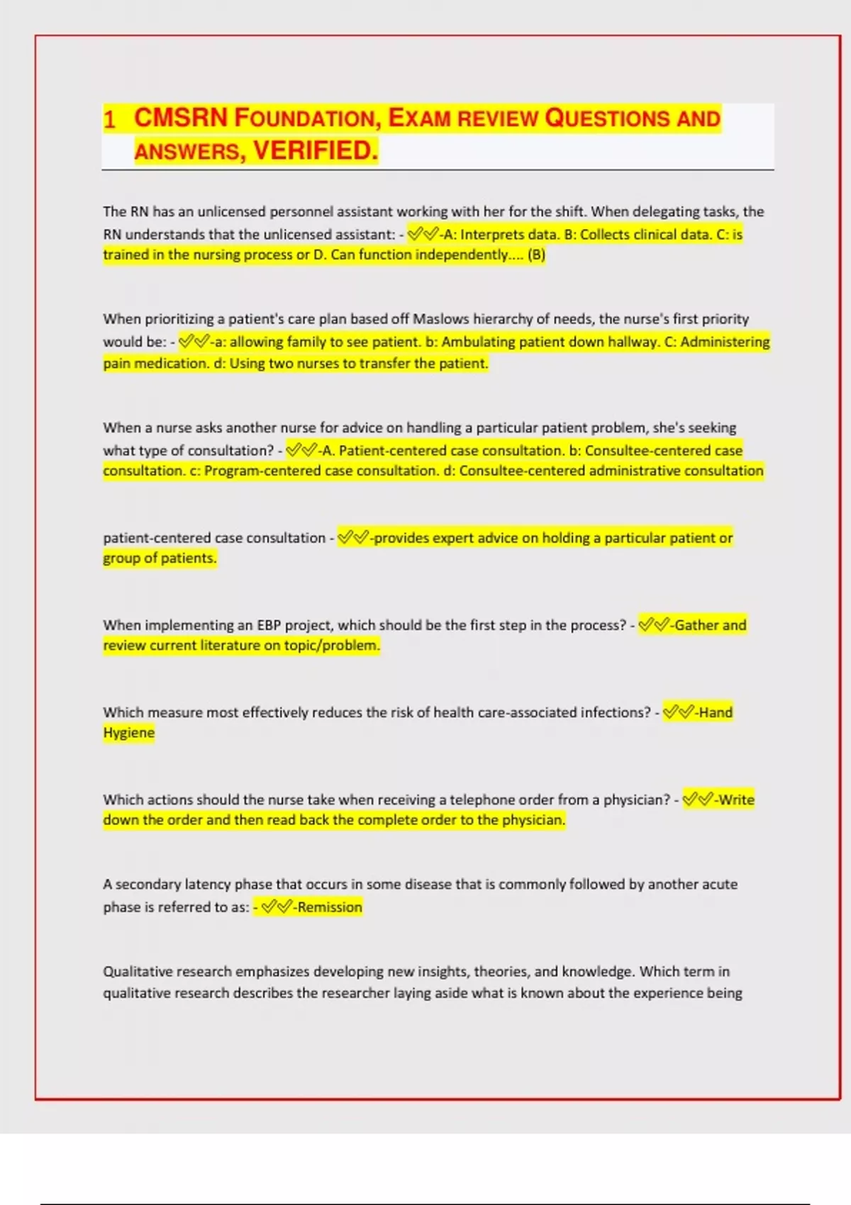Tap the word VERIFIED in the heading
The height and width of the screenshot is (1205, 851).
(316, 150)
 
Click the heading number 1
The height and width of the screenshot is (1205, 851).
(109, 119)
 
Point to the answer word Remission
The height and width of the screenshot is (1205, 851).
(330, 907)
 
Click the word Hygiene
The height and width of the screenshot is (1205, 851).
(128, 733)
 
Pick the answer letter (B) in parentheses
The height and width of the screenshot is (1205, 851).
(536, 255)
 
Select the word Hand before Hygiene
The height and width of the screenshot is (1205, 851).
(716, 712)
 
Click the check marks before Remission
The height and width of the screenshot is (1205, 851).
(277, 907)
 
